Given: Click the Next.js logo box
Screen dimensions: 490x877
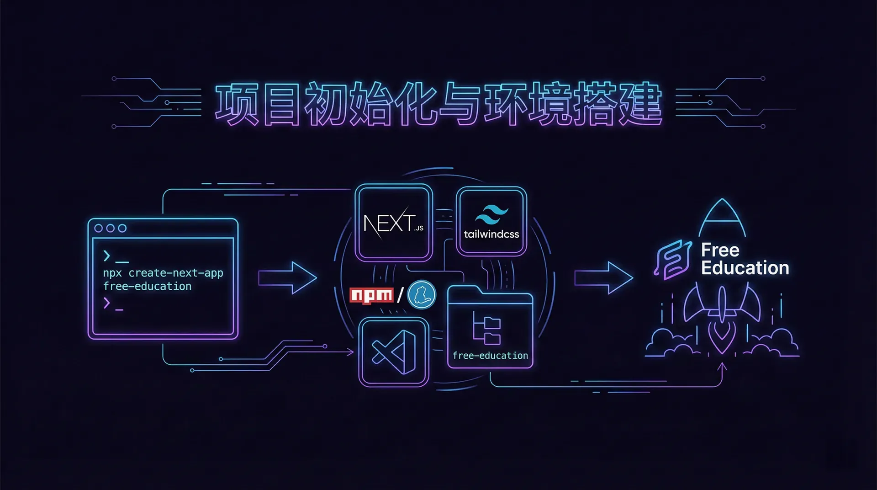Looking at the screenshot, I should [394, 223].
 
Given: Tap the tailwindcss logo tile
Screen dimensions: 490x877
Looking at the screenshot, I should [491, 222].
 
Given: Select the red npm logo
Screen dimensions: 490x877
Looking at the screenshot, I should [371, 295].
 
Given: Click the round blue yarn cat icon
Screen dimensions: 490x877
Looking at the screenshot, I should [421, 295].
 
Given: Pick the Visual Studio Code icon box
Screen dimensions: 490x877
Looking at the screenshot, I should [394, 352].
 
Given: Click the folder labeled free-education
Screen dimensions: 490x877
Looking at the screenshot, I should [490, 329].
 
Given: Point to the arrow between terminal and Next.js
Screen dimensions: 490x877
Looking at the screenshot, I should [287, 278].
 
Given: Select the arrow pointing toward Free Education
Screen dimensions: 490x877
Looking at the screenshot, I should [603, 278].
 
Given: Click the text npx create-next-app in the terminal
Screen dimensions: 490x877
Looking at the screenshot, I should [163, 273].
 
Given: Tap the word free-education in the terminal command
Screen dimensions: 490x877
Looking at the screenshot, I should [147, 287].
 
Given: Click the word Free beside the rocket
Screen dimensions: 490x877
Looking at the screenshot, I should [720, 250].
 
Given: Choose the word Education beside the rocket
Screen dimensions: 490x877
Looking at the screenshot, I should [745, 268].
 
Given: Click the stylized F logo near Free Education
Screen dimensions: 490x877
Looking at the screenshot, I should [673, 259].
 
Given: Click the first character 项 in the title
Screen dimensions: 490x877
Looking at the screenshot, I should [237, 104].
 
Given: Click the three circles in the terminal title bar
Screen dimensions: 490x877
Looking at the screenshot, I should [110, 228].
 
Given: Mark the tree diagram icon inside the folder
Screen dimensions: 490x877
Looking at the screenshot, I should [486, 328].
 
